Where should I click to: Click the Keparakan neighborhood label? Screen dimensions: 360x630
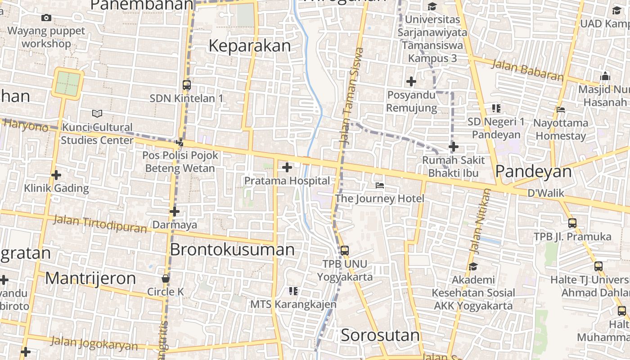pyautogui.click(x=250, y=46)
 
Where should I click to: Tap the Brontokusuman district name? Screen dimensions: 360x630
pyautogui.click(x=232, y=249)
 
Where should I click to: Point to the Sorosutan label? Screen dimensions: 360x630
pyautogui.click(x=380, y=335)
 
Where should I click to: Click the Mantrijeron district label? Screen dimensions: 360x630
pyautogui.click(x=90, y=279)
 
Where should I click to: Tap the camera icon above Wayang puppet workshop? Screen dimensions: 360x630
pyautogui.click(x=46, y=18)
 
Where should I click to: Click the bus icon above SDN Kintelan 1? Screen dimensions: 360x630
pyautogui.click(x=186, y=85)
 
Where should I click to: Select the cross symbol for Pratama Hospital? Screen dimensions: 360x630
pyautogui.click(x=287, y=168)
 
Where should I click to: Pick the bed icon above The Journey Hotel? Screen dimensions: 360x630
pyautogui.click(x=380, y=185)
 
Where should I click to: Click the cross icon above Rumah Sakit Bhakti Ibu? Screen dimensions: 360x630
pyautogui.click(x=453, y=147)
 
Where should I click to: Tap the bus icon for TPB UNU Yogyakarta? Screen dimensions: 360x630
pyautogui.click(x=344, y=250)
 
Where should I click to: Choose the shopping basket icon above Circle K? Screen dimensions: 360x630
pyautogui.click(x=166, y=279)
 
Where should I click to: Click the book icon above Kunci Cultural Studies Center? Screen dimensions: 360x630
pyautogui.click(x=97, y=113)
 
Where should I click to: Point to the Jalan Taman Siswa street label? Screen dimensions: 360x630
pyautogui.click(x=351, y=96)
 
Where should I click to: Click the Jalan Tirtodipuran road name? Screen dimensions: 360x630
pyautogui.click(x=100, y=224)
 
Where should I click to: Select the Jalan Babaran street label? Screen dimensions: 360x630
pyautogui.click(x=527, y=70)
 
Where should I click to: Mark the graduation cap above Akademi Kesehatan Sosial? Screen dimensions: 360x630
pyautogui.click(x=472, y=266)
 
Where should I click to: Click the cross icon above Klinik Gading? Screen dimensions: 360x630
pyautogui.click(x=56, y=175)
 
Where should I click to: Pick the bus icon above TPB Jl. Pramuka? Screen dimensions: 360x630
pyautogui.click(x=572, y=223)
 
